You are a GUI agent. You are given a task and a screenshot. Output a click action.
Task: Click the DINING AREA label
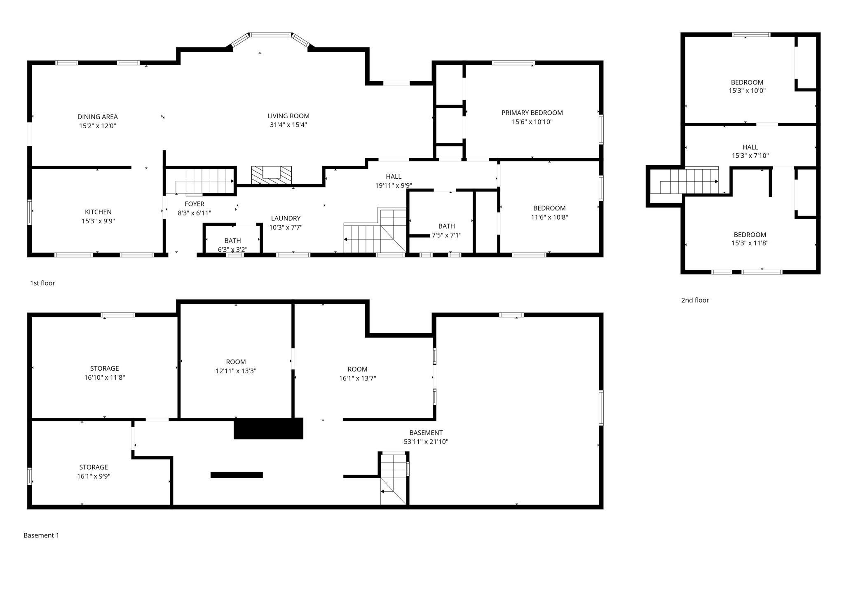point(98,117)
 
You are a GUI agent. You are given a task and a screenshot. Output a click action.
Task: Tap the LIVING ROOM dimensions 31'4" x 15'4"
point(288,125)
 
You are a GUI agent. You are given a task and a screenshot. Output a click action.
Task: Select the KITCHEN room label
point(98,212)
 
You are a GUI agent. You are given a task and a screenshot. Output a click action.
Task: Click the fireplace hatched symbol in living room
point(271,175)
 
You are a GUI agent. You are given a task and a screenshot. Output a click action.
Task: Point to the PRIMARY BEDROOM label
point(532,113)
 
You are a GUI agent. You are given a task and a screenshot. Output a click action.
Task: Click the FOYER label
point(195,204)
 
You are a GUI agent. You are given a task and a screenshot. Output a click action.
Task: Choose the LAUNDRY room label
point(286,219)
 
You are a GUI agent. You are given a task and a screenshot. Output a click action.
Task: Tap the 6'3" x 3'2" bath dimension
point(232,250)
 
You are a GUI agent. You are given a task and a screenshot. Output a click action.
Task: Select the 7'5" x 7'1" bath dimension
point(446,236)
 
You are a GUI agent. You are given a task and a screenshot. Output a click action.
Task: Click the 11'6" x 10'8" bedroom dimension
point(549,217)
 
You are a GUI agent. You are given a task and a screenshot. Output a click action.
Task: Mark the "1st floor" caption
point(42,283)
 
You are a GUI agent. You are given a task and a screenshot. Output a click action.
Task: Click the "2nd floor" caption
point(695,301)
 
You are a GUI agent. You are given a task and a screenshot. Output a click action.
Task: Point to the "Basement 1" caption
point(41,535)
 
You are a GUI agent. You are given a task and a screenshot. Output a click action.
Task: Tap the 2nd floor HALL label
point(750,147)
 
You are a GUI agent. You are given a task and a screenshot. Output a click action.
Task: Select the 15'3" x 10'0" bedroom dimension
point(747,91)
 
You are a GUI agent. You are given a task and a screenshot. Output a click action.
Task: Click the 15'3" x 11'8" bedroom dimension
point(750,243)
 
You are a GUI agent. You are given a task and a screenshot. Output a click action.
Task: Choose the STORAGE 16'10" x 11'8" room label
point(104,369)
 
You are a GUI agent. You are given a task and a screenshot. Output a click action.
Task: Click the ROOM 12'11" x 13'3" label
point(236,362)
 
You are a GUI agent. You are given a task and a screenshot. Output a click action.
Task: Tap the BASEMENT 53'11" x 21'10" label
point(426,433)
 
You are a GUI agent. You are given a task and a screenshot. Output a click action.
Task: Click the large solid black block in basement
point(268,429)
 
